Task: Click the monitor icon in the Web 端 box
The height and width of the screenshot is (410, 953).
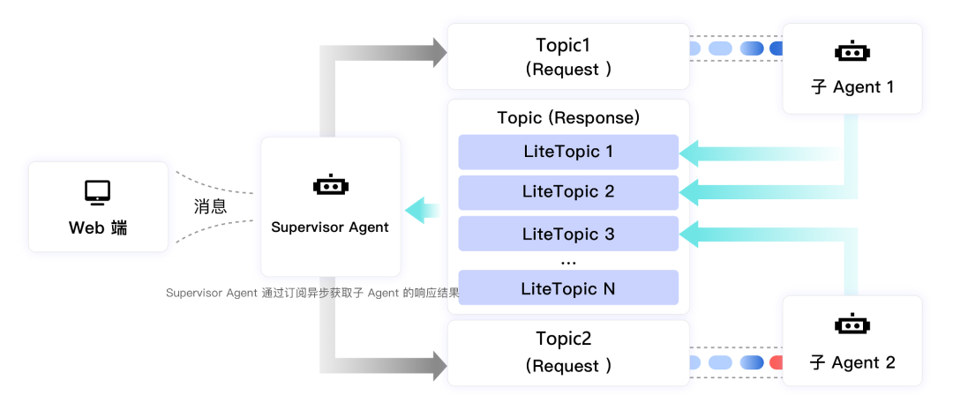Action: tap(97, 191)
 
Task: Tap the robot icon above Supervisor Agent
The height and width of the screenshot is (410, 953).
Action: tap(331, 186)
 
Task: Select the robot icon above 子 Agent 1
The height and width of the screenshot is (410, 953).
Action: tap(852, 52)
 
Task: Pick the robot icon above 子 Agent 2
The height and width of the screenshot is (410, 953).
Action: tap(852, 324)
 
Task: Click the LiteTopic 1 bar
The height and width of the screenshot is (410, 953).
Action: tap(567, 152)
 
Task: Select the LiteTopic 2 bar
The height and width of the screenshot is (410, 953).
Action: tap(567, 191)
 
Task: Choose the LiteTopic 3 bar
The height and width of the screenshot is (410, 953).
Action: tap(567, 234)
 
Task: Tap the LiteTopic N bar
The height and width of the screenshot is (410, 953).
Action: tap(567, 288)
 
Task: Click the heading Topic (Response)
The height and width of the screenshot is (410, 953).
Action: tap(567, 117)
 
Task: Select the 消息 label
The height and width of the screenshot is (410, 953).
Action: tap(210, 206)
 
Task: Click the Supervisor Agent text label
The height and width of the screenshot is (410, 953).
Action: tap(330, 227)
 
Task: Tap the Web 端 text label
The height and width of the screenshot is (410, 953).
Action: tap(97, 227)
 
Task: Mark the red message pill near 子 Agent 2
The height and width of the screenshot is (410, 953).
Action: tap(777, 362)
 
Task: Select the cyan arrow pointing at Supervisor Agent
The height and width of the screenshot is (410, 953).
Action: tap(422, 210)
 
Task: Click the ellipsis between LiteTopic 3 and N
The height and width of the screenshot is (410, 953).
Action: tap(567, 262)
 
